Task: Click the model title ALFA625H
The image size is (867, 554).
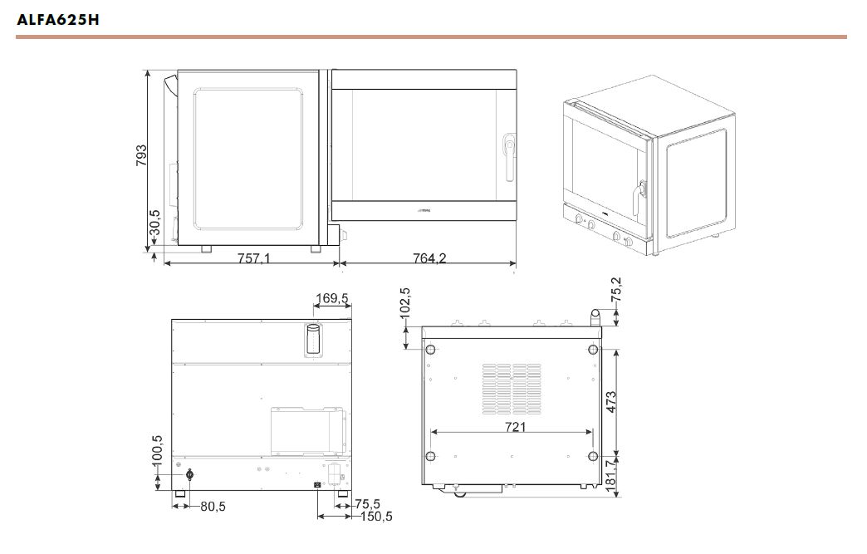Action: point(58,20)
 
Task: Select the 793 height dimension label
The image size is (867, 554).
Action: point(141,155)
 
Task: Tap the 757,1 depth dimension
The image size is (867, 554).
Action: point(254,257)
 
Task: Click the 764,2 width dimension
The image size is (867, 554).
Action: point(429,257)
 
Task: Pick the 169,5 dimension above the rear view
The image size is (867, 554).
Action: point(331,298)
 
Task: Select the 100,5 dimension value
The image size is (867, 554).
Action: point(157,449)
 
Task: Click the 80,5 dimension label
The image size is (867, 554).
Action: point(213,506)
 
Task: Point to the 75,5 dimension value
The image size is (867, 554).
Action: point(368,503)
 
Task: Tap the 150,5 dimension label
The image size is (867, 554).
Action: point(376,517)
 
